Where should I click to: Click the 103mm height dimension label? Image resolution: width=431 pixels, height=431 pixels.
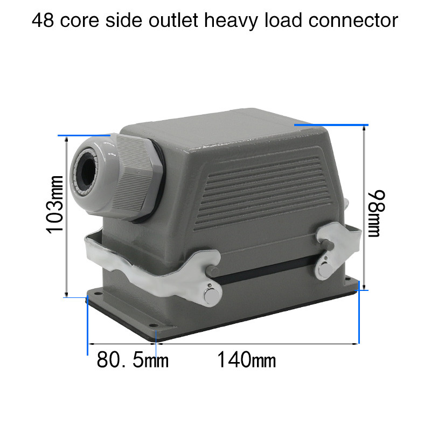click(55, 205)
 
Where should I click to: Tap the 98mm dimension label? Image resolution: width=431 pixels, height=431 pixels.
click(377, 213)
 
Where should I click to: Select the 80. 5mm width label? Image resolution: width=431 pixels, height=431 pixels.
click(133, 359)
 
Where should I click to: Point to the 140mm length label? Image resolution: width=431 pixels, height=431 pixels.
click(247, 359)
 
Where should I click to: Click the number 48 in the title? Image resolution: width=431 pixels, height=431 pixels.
click(43, 20)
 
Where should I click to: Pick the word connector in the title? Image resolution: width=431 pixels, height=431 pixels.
click(353, 21)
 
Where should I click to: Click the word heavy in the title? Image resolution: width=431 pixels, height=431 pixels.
click(231, 22)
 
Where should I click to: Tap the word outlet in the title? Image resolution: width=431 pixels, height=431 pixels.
click(173, 20)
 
